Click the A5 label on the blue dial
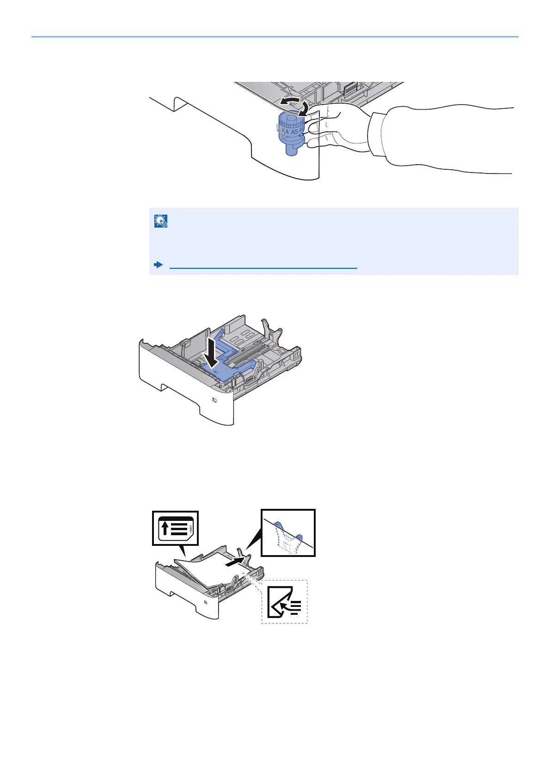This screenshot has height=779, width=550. (x=294, y=132)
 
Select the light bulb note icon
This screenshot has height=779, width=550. (x=161, y=222)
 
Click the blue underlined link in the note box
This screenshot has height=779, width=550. (x=263, y=268)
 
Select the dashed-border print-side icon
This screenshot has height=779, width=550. (x=285, y=602)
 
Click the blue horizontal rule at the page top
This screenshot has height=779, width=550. (x=275, y=37)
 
